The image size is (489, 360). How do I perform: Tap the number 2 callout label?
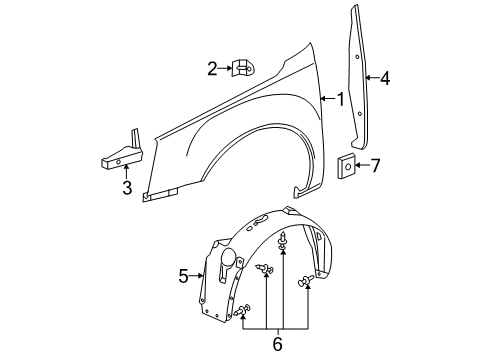212,68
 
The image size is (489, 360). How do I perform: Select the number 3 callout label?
127,189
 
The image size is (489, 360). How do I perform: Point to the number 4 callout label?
385,77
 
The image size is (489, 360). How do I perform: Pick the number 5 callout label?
184,275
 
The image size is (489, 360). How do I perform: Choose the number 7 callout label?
376,164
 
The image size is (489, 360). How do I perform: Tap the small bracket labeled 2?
241,68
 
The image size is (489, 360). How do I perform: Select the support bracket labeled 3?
119,150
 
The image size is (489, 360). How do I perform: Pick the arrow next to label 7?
363,164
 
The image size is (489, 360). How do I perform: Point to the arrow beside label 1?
328,98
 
